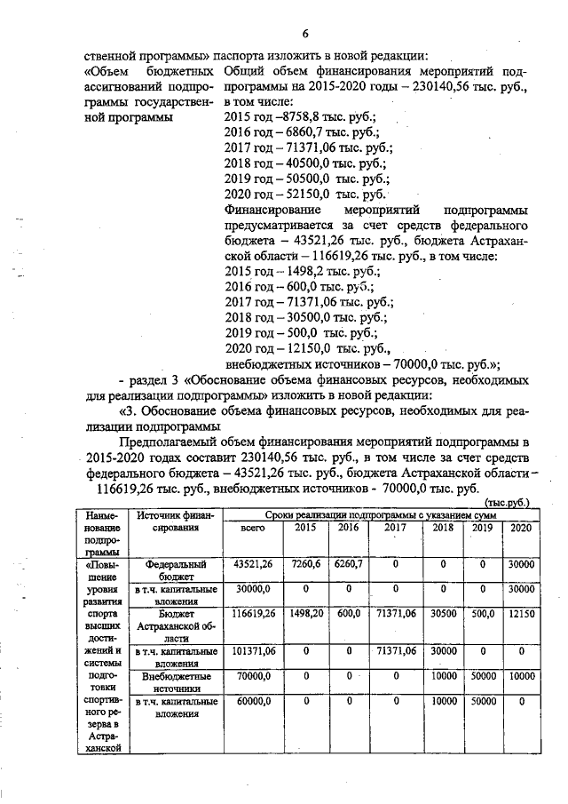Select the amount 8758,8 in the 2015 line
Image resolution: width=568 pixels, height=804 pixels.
(x=293, y=115)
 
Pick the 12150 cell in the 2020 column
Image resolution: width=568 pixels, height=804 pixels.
(x=517, y=613)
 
